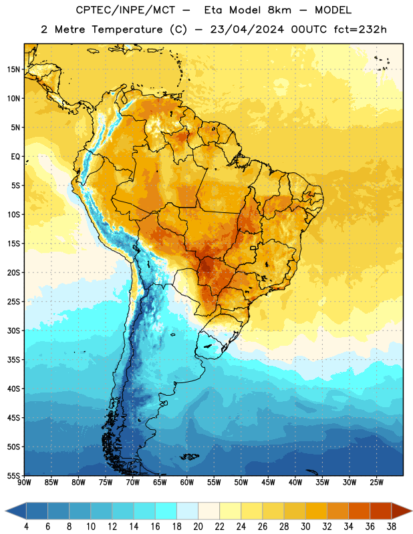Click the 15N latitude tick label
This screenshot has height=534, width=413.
(x=13, y=69)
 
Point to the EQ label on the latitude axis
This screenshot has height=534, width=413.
(x=15, y=157)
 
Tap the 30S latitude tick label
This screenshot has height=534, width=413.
(x=13, y=330)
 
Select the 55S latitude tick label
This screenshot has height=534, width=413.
(x=13, y=475)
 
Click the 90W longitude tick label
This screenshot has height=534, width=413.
(x=24, y=482)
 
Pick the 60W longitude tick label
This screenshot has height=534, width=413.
(x=187, y=482)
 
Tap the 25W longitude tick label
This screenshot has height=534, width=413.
(x=376, y=482)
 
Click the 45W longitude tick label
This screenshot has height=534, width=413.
(x=268, y=482)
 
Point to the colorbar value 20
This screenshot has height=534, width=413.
(x=198, y=527)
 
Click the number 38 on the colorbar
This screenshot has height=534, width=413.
(x=392, y=527)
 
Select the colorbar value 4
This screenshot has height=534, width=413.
(x=26, y=527)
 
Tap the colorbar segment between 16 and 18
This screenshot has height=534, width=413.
(x=166, y=511)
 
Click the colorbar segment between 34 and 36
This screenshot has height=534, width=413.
(x=360, y=511)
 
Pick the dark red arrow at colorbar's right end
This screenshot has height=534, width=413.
(x=401, y=511)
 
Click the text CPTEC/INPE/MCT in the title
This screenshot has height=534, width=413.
(x=126, y=10)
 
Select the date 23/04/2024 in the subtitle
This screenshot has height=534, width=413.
(x=247, y=29)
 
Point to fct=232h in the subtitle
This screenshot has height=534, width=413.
(x=360, y=29)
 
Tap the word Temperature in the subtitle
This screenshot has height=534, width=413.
(x=127, y=29)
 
